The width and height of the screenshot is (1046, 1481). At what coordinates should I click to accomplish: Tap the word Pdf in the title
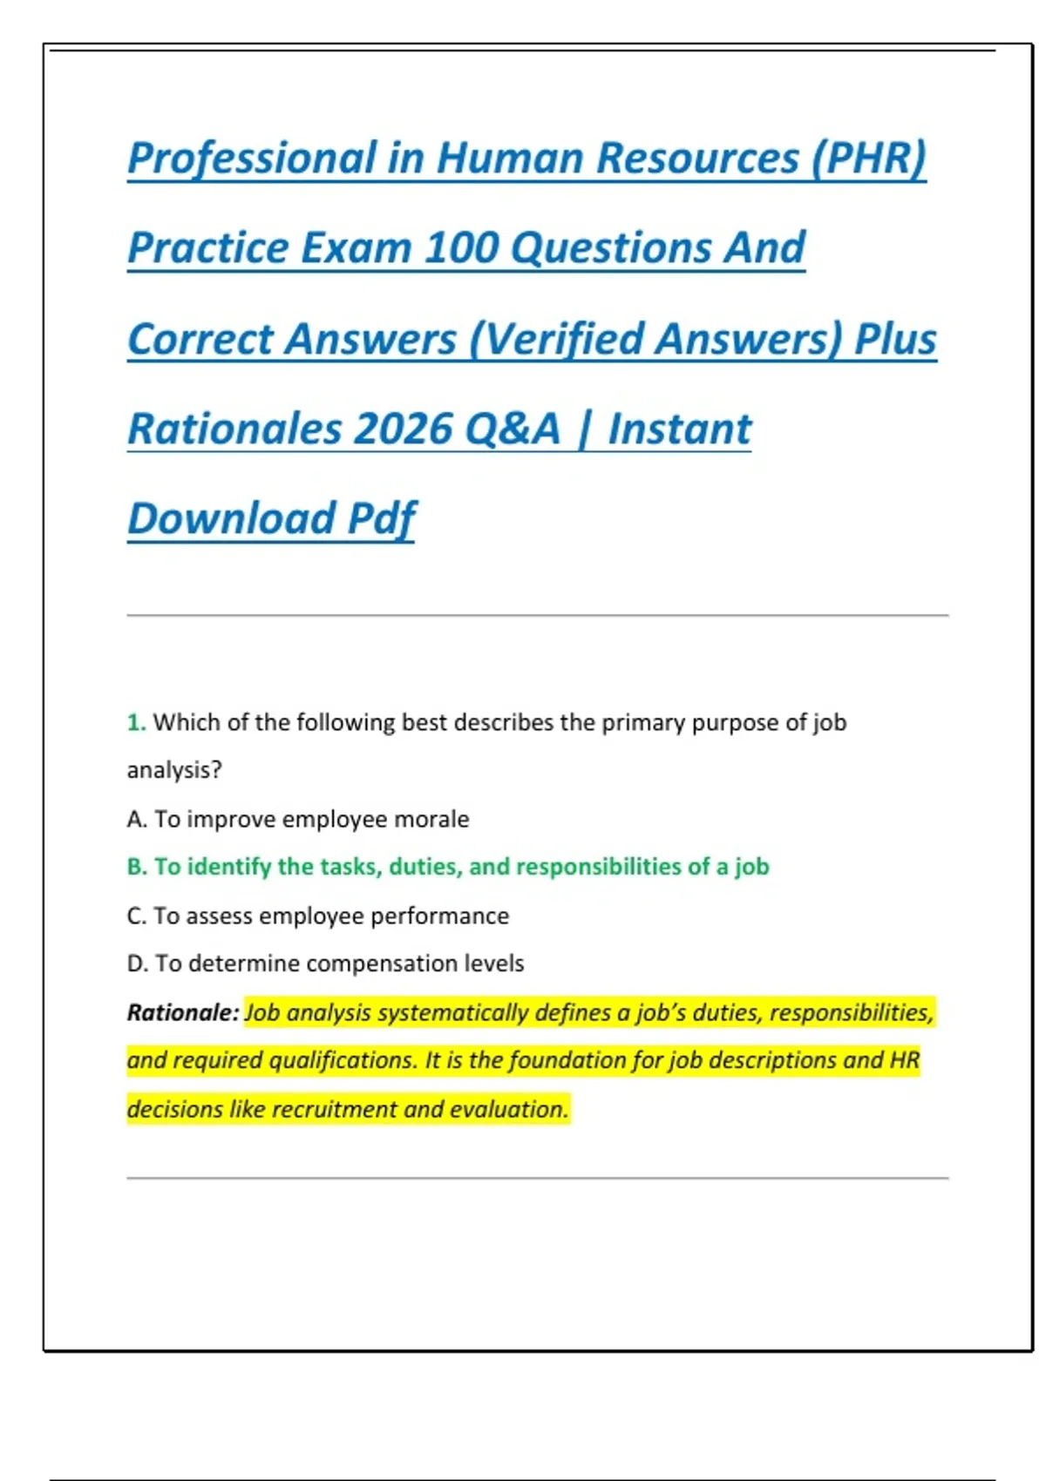(x=382, y=519)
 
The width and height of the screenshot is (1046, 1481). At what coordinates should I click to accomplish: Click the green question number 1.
(x=136, y=722)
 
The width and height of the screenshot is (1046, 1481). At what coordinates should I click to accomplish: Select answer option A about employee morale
(x=297, y=819)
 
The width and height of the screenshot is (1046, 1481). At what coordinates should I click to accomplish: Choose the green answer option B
(x=447, y=867)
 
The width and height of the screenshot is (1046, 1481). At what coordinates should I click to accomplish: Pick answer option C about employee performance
(x=317, y=916)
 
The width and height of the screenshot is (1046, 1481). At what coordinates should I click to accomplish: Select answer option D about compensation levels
(x=325, y=964)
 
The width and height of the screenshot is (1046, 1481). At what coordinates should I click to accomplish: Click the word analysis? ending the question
(x=174, y=770)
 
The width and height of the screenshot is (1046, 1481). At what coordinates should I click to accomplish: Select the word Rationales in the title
(x=234, y=429)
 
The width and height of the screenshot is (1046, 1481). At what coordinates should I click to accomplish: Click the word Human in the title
(x=509, y=159)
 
